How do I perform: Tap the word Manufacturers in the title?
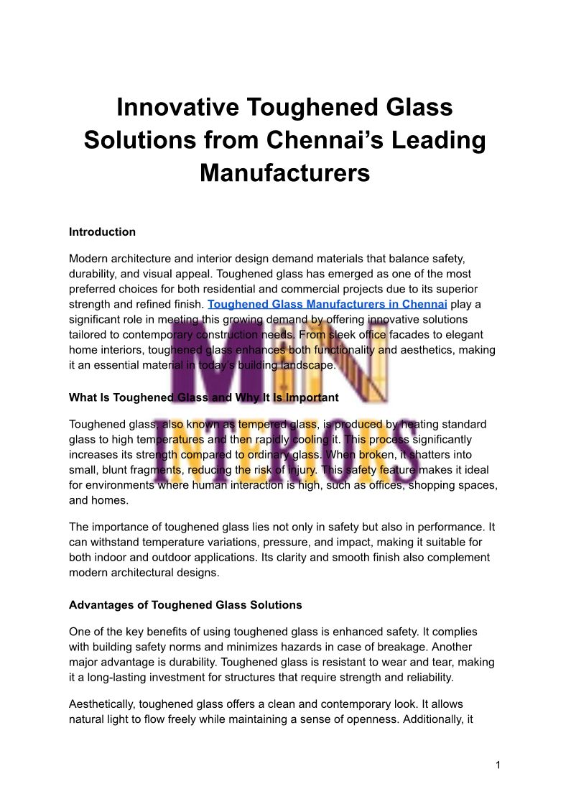[x=284, y=173]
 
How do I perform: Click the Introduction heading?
[x=102, y=232]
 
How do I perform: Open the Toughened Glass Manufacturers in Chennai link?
[x=327, y=304]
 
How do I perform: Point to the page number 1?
[x=497, y=765]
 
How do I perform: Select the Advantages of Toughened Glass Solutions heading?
[x=185, y=605]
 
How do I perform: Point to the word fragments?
[x=155, y=470]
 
